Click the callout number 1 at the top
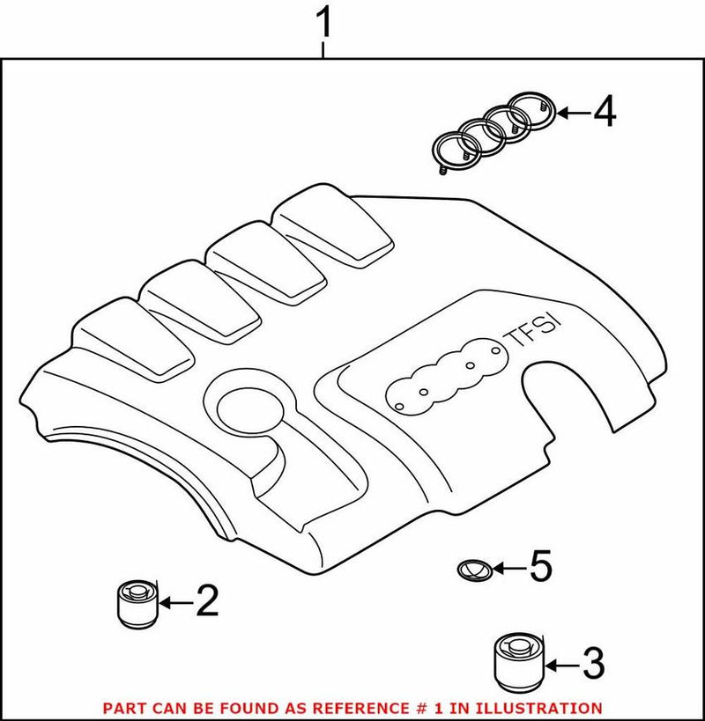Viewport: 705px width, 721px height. click(324, 24)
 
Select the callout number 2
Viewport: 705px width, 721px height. click(205, 602)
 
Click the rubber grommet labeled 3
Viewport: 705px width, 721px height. click(517, 660)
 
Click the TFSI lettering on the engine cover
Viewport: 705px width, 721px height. click(535, 335)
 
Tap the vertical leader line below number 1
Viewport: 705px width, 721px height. click(324, 48)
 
